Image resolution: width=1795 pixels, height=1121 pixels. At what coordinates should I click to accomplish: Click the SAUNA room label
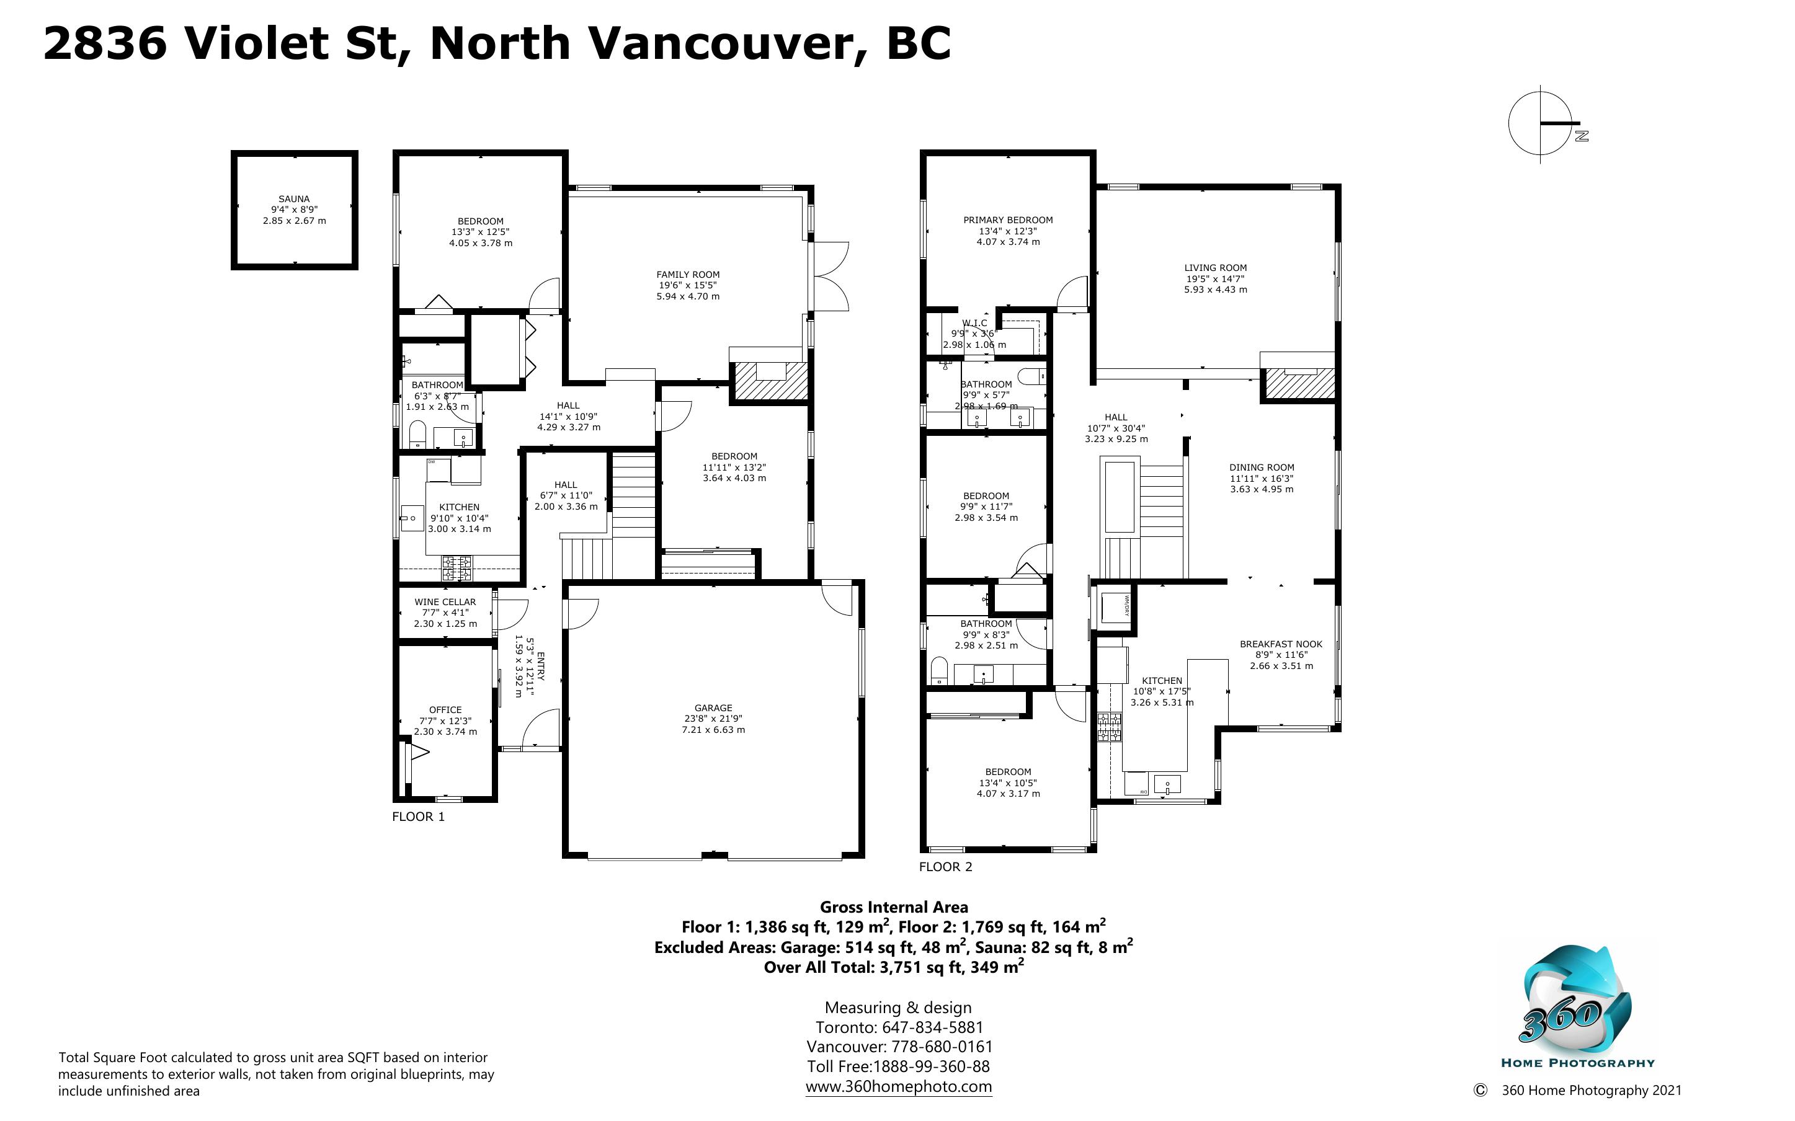coord(295,198)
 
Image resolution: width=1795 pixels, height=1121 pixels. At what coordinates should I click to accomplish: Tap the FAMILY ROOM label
coord(688,274)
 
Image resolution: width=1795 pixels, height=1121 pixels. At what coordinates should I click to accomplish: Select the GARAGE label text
coord(713,708)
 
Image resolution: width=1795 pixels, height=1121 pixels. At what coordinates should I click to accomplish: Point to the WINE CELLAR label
coord(445,602)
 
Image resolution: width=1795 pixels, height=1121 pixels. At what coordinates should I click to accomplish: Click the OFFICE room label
coord(445,709)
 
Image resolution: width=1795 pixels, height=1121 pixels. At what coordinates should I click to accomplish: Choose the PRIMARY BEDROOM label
coord(1008,220)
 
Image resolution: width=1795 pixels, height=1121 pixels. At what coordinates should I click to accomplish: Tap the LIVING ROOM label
coord(1215,268)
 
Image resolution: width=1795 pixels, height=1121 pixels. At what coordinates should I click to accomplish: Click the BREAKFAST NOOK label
coord(1281,644)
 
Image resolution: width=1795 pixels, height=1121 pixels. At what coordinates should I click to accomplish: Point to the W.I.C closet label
coord(975,323)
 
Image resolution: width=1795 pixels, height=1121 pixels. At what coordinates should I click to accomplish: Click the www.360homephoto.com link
coord(899,1086)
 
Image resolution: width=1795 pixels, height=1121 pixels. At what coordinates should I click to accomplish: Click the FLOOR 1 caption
coord(418,817)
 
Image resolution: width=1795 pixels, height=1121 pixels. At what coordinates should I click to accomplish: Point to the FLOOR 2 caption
coord(945,866)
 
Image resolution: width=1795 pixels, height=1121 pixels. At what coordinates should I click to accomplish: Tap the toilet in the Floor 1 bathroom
coord(417,435)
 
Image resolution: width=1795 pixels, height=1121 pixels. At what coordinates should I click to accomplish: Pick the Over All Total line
coord(894,966)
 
